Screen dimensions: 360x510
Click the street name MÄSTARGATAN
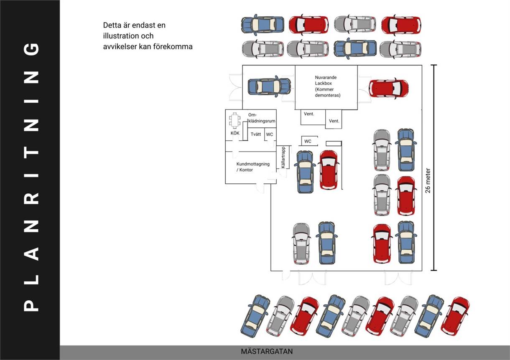[x=267, y=352]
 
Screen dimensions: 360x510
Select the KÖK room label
[x=235, y=133]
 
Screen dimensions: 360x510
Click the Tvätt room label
[x=256, y=134]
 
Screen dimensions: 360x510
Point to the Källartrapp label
[x=283, y=157]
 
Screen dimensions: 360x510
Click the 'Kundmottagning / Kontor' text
[x=250, y=167]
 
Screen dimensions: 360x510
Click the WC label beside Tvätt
[x=270, y=134]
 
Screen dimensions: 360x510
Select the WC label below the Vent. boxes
[x=308, y=141]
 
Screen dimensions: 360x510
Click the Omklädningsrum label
[x=262, y=118]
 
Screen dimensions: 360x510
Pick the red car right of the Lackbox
[x=388, y=89]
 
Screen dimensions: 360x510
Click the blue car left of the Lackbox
[x=269, y=86]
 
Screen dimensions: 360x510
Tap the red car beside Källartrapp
[x=329, y=170]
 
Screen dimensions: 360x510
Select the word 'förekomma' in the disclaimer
[x=176, y=47]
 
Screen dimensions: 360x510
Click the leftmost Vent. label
[x=309, y=114]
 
